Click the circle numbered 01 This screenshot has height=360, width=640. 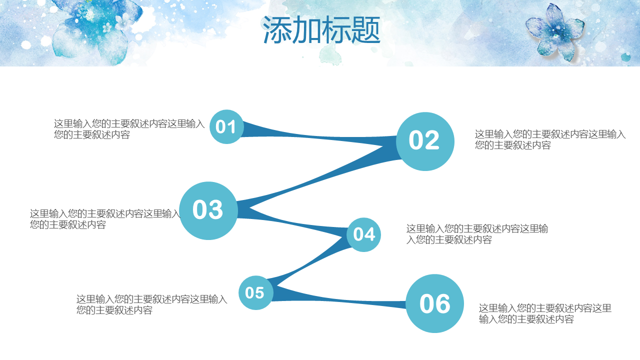tap(226, 127)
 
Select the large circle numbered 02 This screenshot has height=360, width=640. tap(425, 141)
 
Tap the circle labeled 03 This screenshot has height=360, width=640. tap(208, 210)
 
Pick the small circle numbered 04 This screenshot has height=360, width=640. tap(363, 234)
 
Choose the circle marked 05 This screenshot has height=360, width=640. tap(255, 292)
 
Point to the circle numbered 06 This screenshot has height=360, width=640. tap(434, 303)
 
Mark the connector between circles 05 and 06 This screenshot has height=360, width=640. tap(338, 298)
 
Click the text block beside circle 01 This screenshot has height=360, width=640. tap(129, 129)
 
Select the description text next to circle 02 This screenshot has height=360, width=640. tap(550, 139)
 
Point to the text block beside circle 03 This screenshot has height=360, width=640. tap(105, 219)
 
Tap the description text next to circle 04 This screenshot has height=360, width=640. tap(477, 234)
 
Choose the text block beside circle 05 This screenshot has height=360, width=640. tap(151, 304)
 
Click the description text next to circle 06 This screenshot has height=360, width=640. tap(545, 313)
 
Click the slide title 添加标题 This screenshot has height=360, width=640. tap(321, 29)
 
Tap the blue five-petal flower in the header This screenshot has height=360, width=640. tap(554, 32)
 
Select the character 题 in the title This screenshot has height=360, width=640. tap(365, 29)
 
